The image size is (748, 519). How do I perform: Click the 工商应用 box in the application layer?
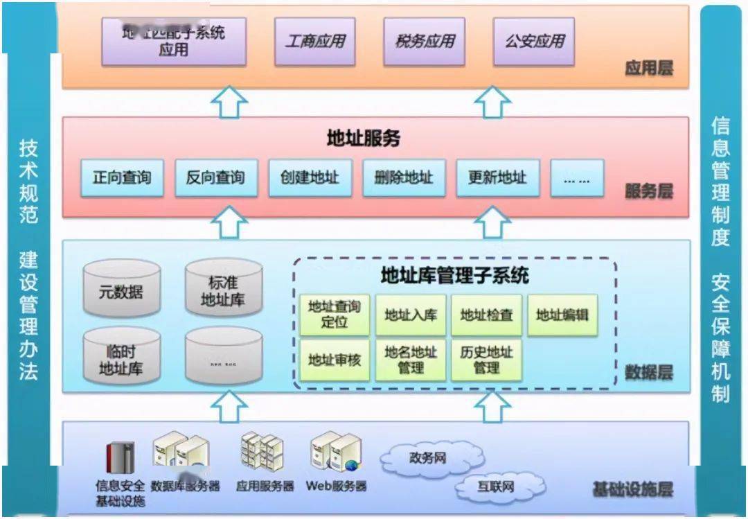[315, 41]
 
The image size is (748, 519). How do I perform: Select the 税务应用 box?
[425, 41]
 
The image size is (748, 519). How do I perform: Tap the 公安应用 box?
[533, 41]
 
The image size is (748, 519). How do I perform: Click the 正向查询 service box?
[122, 178]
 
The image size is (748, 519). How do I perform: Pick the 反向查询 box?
[215, 178]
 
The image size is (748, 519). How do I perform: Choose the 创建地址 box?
[310, 178]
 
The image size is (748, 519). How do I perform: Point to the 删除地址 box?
[404, 178]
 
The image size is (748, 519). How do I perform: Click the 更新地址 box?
[497, 178]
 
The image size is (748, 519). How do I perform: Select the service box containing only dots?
[577, 178]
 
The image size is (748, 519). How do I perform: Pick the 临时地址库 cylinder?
[122, 357]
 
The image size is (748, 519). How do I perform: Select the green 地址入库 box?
[411, 315]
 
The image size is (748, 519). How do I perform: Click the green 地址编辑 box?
[562, 315]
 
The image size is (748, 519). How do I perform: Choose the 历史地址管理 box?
[486, 359]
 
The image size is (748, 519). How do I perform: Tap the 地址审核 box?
[335, 359]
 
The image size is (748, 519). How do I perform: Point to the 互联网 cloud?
[496, 487]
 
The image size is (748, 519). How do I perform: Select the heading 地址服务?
[364, 139]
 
